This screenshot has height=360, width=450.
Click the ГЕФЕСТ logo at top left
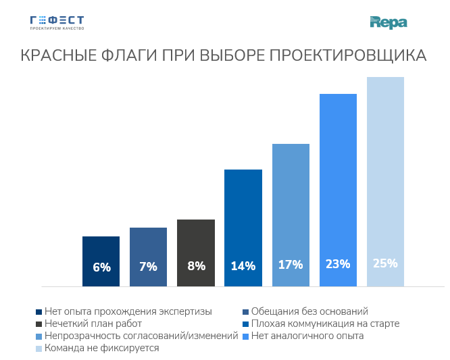(57, 22)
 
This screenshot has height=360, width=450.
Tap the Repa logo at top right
(389, 23)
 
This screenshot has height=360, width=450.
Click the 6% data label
(101, 267)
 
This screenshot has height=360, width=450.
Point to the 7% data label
(148, 266)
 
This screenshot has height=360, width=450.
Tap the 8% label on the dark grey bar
(196, 266)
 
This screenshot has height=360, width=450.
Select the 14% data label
(243, 266)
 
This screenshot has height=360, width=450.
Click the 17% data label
(291, 265)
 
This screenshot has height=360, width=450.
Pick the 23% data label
(338, 264)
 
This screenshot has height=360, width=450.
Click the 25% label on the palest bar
(385, 263)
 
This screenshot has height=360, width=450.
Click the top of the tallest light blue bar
(385, 81)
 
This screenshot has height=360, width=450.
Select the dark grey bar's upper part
(196, 230)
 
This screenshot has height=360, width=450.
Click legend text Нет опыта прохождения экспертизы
(128, 311)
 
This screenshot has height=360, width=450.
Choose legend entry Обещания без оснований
(309, 311)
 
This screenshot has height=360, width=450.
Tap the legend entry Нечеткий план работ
(93, 324)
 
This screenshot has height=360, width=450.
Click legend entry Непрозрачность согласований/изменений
(141, 336)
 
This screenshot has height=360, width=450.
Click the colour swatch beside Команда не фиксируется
(39, 349)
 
